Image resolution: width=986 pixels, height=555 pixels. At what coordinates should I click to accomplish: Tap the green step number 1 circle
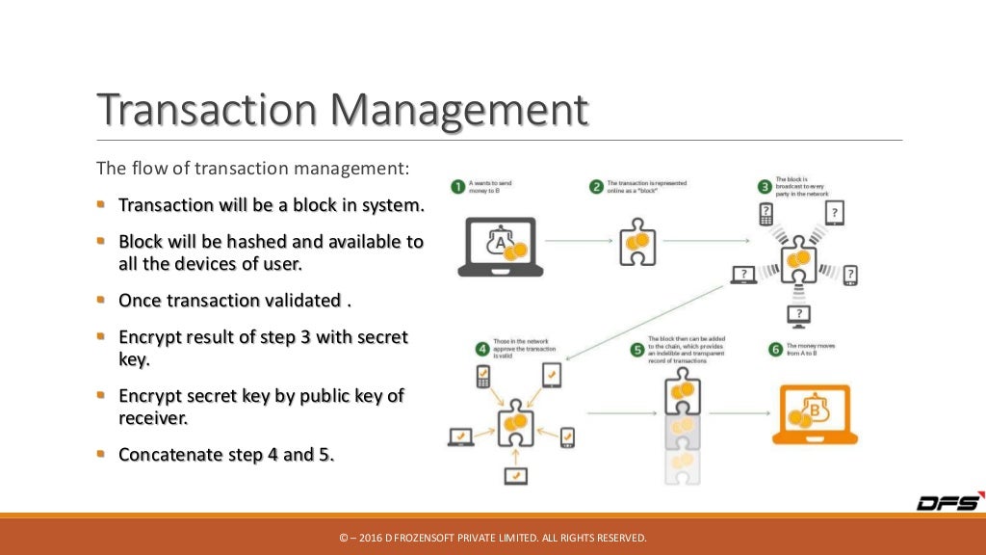coord(457,186)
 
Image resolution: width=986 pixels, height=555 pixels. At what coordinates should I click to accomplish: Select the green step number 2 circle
coord(597,186)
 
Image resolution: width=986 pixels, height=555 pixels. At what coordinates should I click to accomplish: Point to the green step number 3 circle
coord(765,186)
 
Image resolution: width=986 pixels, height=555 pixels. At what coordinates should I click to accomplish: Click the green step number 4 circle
coord(481,349)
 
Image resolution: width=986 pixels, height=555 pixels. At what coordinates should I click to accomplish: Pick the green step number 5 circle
coord(636,350)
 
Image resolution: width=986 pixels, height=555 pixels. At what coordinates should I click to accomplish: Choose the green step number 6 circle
coord(774,350)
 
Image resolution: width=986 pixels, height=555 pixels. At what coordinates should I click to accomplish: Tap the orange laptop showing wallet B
coord(814,414)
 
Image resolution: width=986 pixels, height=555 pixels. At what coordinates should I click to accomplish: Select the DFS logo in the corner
coord(948,503)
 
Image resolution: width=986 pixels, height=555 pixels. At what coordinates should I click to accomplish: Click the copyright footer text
coord(493,538)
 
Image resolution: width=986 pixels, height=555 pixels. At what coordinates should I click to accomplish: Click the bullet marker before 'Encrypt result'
coord(101,336)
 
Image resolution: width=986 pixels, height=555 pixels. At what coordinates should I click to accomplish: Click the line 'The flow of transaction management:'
coord(252,169)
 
